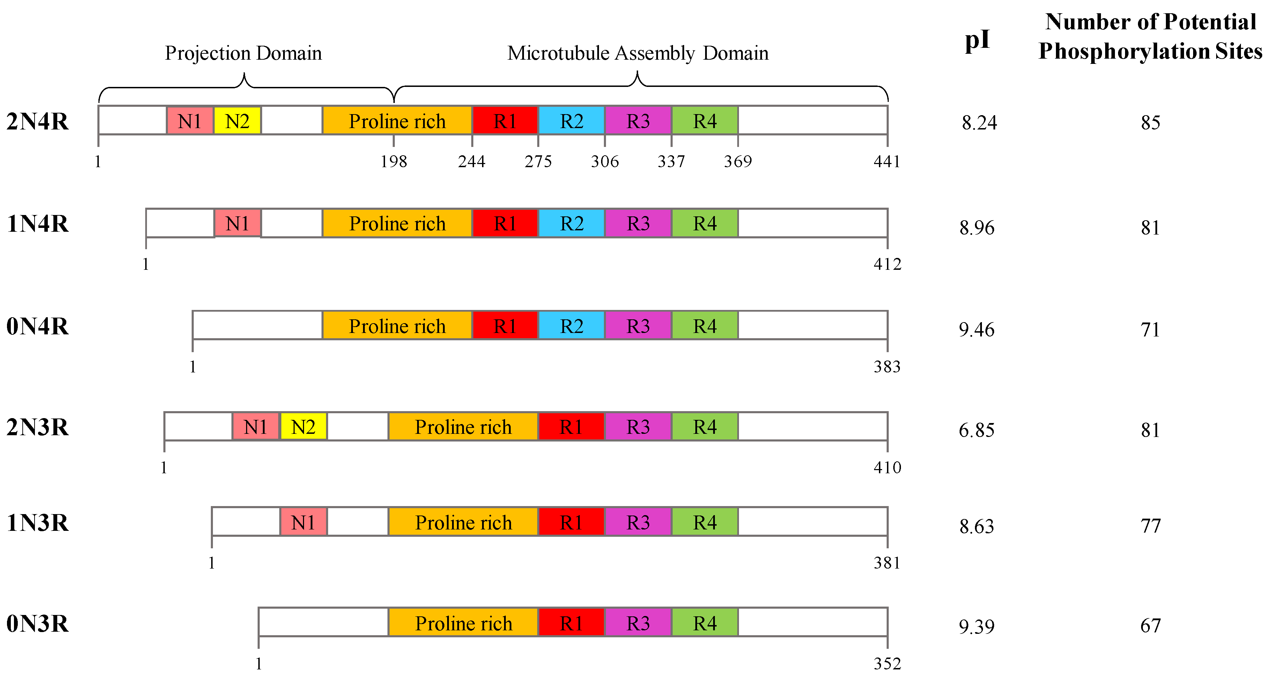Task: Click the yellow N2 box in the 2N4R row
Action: (x=237, y=121)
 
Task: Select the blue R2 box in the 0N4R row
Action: (x=571, y=326)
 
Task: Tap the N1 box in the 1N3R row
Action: (x=303, y=522)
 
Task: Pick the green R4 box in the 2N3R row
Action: (x=705, y=426)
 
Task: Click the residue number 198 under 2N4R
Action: (x=393, y=161)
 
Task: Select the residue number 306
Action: (x=604, y=161)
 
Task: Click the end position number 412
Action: (x=887, y=265)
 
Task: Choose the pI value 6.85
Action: (x=976, y=430)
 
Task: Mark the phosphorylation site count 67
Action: (x=1150, y=626)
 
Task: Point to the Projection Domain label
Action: (x=243, y=53)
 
